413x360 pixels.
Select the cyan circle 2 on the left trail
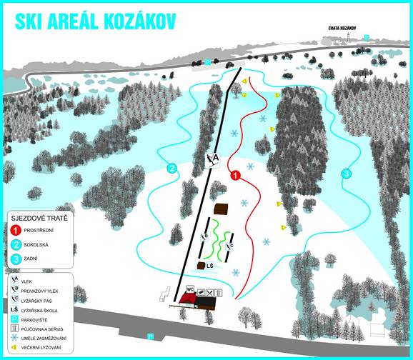pos(171,169)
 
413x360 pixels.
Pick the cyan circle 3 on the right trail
pos(346,174)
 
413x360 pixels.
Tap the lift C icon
pos(230,246)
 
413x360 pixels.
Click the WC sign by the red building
pos(189,289)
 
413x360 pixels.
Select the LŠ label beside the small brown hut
pos(210,266)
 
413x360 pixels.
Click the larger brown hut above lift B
pos(221,210)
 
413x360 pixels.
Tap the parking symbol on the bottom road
pos(150,335)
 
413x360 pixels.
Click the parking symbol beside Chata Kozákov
pos(367,36)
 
